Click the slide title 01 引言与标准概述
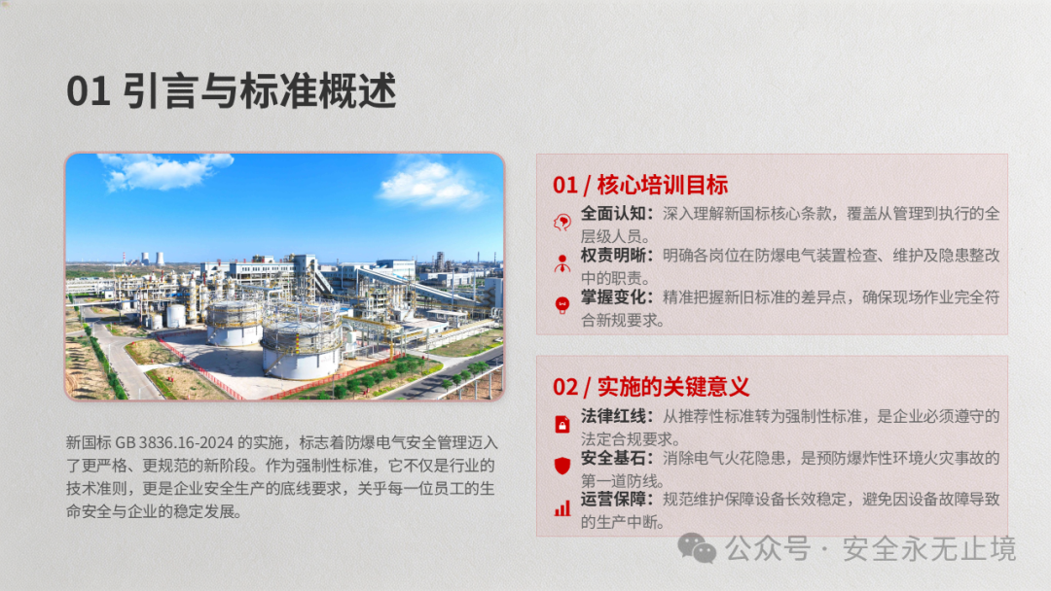point(232,91)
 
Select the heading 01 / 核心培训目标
point(640,185)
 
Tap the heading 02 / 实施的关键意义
point(651,387)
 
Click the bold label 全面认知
point(613,214)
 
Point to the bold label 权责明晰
point(613,255)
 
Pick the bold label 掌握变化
point(613,297)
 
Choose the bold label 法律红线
point(613,416)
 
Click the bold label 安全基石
point(613,459)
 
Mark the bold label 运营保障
point(613,500)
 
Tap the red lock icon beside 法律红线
point(562,425)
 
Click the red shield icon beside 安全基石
point(562,466)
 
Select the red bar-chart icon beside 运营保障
point(562,508)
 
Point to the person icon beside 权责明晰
point(562,263)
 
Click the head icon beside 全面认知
point(562,223)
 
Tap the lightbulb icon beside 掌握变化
point(562,305)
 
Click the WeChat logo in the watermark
point(697,548)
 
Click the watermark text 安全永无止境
point(929,549)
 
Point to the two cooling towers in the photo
point(152,259)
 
